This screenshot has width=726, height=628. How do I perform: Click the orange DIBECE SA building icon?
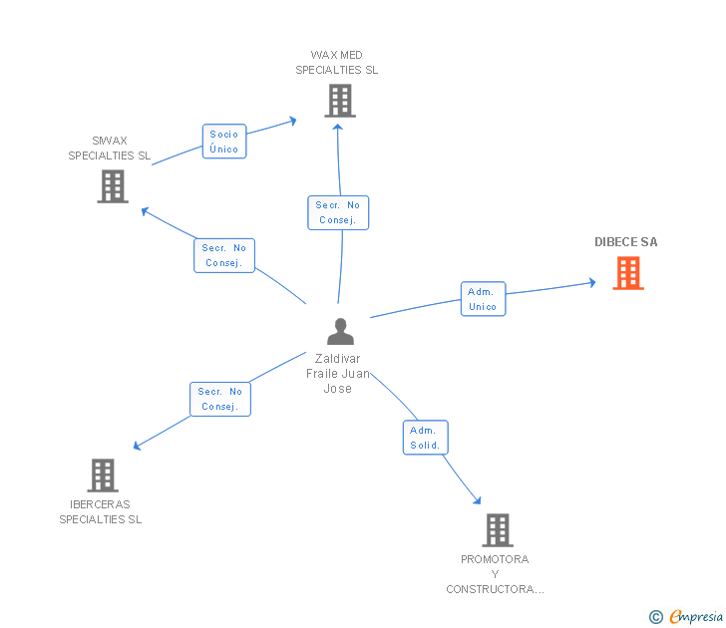[x=628, y=273]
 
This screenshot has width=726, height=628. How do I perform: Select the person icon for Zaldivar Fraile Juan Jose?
[x=340, y=331]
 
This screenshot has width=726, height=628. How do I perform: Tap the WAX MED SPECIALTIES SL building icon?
[x=340, y=101]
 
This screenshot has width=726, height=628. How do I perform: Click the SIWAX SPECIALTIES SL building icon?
[x=113, y=186]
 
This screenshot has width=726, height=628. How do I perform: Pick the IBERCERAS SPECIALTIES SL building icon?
[x=103, y=475]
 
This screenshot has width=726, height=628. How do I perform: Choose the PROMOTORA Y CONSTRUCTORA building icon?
[x=498, y=530]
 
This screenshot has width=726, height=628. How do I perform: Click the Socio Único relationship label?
[x=224, y=142]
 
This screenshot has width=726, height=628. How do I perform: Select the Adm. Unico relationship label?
[x=483, y=299]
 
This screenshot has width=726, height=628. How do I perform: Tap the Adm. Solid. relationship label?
[x=425, y=438]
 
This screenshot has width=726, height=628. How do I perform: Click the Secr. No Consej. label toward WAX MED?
[x=338, y=212]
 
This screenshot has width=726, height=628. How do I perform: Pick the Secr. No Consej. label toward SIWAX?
[x=224, y=255]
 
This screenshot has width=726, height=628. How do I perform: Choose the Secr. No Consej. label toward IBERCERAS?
[x=220, y=399]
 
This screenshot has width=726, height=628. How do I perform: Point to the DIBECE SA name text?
[x=626, y=242]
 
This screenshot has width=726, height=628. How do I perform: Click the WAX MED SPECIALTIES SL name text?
[x=337, y=63]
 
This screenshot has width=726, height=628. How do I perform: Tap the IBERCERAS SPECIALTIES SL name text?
[x=101, y=511]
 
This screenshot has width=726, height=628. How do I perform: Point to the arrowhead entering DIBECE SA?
[x=591, y=283]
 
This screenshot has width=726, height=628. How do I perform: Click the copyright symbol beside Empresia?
[x=656, y=617]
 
